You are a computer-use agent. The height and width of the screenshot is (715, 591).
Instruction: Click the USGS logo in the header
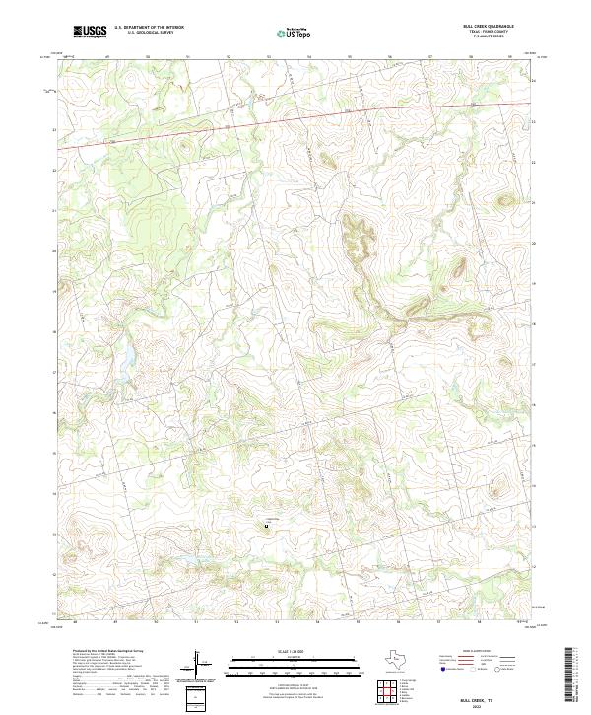tap(90, 33)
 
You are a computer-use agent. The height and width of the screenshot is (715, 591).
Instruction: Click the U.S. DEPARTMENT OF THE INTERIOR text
tap(149, 28)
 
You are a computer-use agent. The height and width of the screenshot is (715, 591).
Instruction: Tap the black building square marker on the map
tap(265, 527)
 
